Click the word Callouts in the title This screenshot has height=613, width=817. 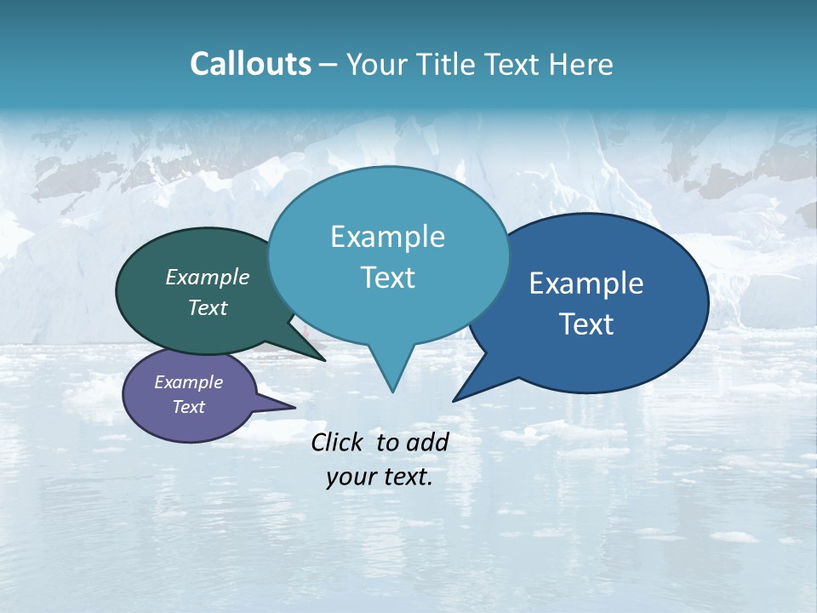pyautogui.click(x=250, y=64)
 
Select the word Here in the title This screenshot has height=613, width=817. pyautogui.click(x=582, y=65)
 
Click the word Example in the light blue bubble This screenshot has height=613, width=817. pyautogui.click(x=387, y=237)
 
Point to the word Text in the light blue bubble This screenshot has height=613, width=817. pyautogui.click(x=387, y=278)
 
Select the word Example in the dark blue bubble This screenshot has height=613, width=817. pyautogui.click(x=586, y=284)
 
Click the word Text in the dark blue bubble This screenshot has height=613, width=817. pyautogui.click(x=586, y=324)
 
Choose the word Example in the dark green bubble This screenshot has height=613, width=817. pyautogui.click(x=208, y=277)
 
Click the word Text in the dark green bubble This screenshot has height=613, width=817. pyautogui.click(x=208, y=307)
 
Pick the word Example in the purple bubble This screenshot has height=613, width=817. pyautogui.click(x=188, y=382)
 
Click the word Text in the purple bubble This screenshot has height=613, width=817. pyautogui.click(x=188, y=407)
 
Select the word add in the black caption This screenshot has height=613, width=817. pyautogui.click(x=427, y=442)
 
